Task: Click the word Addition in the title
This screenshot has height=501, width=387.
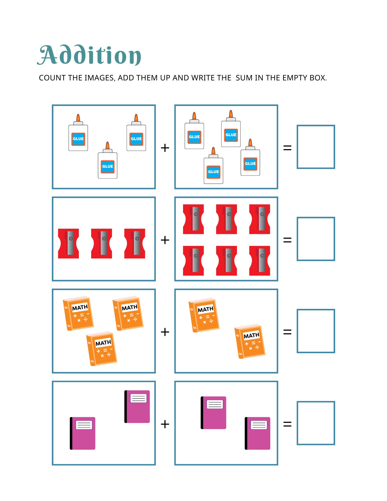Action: (89, 55)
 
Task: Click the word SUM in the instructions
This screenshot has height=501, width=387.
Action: (244, 78)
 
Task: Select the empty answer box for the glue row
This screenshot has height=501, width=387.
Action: (316, 147)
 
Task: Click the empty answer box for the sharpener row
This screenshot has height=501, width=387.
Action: (316, 239)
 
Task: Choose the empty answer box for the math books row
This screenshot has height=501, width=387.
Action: (316, 331)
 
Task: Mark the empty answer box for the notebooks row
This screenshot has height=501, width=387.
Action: (316, 423)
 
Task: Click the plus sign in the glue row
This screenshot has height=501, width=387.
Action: (165, 148)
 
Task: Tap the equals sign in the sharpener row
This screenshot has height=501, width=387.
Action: (287, 240)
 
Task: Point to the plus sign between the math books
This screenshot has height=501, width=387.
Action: (165, 332)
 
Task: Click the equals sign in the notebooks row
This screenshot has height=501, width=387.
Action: (287, 424)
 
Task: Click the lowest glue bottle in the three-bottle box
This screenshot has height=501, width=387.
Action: (107, 160)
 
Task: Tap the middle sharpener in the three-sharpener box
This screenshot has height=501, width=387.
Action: (101, 243)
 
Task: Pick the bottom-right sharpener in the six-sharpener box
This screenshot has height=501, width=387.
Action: (260, 261)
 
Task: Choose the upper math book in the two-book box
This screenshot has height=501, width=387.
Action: (204, 315)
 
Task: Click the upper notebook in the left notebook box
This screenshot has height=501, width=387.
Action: (137, 407)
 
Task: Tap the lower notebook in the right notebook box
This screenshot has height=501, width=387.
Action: (257, 433)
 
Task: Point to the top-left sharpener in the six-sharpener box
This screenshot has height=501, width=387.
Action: (193, 219)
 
